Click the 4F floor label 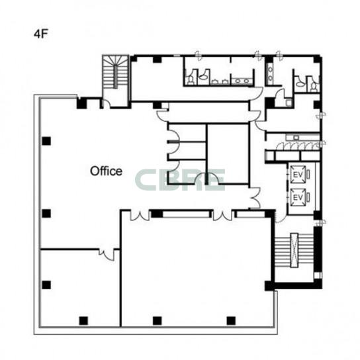click(x=40, y=34)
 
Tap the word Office click(x=106, y=171)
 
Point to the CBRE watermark click(x=180, y=180)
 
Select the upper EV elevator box click(x=298, y=174)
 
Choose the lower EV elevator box click(x=298, y=197)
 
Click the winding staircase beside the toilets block click(x=115, y=71)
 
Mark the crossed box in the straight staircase click(x=294, y=250)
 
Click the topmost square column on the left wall click(x=46, y=141)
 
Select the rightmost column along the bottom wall click(x=231, y=321)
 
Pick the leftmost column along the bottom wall click(x=83, y=321)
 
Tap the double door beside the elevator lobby click(x=255, y=198)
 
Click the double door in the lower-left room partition click(x=107, y=254)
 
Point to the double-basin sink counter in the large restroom click(x=242, y=81)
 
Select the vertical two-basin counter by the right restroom click(x=270, y=71)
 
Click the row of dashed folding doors click(x=298, y=146)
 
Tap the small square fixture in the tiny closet click(x=289, y=103)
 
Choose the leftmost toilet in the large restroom click(x=191, y=80)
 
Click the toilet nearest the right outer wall click(x=314, y=87)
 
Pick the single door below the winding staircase click(x=107, y=105)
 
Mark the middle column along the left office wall click(x=46, y=214)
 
